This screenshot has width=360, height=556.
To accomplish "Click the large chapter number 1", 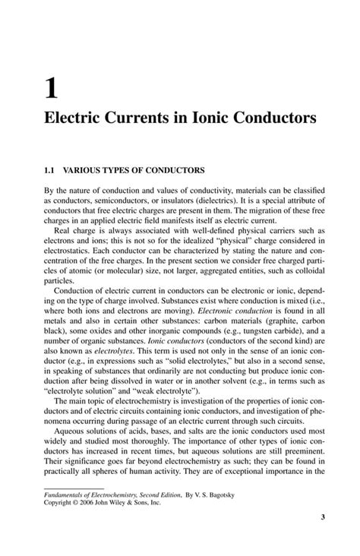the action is (50, 89).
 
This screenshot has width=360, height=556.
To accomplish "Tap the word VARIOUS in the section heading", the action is (84, 171).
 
